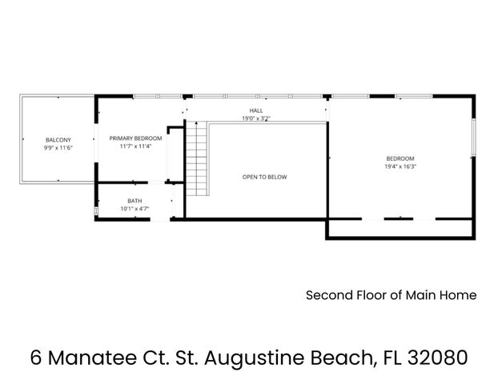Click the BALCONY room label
(x=58, y=139)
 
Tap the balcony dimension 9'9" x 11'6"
(x=58, y=148)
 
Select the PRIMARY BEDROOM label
(x=136, y=138)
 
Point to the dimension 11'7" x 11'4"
(x=136, y=147)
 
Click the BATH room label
(x=135, y=200)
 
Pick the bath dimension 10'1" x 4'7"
(x=135, y=209)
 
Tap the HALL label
(x=256, y=110)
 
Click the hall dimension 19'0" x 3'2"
(x=256, y=118)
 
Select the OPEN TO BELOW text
(x=264, y=177)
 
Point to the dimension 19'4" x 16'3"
(x=400, y=166)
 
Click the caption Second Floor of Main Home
(x=391, y=295)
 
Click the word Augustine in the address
(x=257, y=356)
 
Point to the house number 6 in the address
(x=35, y=356)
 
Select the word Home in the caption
(x=459, y=295)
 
